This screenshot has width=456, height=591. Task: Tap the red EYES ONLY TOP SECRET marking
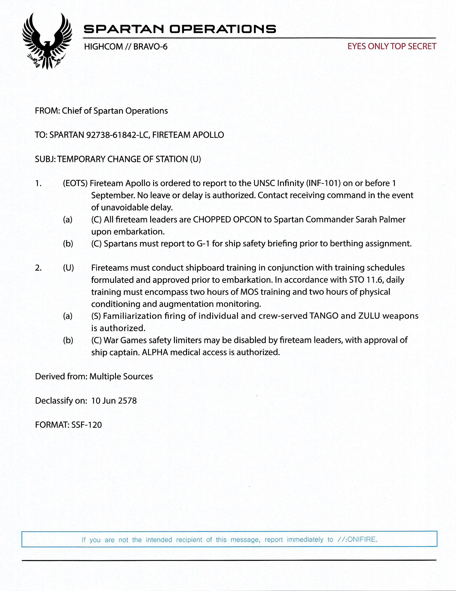tap(391, 47)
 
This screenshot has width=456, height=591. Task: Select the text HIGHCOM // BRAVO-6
tap(126, 47)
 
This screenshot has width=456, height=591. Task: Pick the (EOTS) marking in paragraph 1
tap(75, 183)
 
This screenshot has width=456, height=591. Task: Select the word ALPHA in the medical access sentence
tap(157, 352)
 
